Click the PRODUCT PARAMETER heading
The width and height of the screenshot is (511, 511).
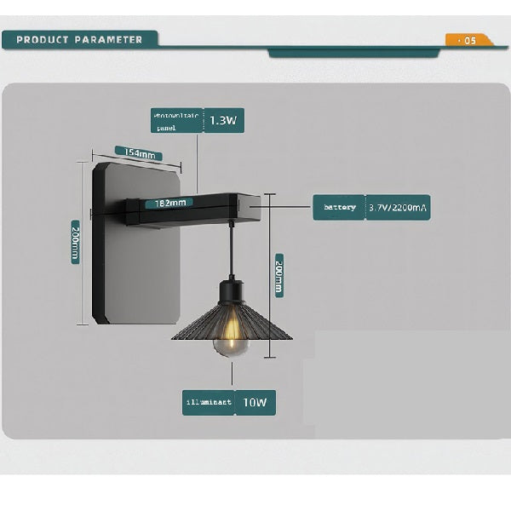pyautogui.click(x=79, y=40)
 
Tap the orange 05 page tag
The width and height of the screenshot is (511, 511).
pyautogui.click(x=467, y=40)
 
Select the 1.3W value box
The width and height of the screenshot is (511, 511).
pyautogui.click(x=223, y=121)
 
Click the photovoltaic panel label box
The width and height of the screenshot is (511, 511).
pyautogui.click(x=175, y=121)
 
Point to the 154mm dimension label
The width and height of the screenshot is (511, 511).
pyautogui.click(x=139, y=154)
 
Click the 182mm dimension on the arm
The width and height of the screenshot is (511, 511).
pyautogui.click(x=169, y=204)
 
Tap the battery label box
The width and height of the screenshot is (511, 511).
pyautogui.click(x=338, y=207)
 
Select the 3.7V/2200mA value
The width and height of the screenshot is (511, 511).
pyautogui.click(x=398, y=207)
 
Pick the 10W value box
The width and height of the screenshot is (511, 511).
pyautogui.click(x=255, y=402)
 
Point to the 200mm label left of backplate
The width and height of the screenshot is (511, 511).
pyautogui.click(x=76, y=241)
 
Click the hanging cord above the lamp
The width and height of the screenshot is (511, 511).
pyautogui.click(x=232, y=251)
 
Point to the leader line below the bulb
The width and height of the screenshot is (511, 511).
pyautogui.click(x=231, y=375)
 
